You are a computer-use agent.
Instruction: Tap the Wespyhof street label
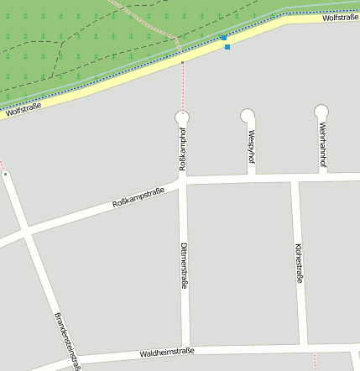point(251,146)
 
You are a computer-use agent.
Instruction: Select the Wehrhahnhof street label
point(322,144)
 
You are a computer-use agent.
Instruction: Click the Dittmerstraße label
point(184,266)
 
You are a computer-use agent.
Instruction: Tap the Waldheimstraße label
point(167,353)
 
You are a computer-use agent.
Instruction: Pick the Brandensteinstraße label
point(67,340)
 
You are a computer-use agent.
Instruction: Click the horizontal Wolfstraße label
point(340,17)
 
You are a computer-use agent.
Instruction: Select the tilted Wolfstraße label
point(23,107)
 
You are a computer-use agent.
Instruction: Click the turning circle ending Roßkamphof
point(182,117)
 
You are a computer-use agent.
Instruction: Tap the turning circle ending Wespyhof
point(248,115)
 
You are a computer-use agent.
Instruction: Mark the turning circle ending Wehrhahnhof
point(321,111)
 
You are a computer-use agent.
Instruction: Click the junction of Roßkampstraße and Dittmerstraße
point(183,181)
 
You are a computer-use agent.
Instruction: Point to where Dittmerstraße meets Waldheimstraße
point(185,349)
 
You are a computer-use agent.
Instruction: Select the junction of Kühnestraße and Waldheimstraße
point(303,345)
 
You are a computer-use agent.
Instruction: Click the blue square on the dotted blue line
point(227,47)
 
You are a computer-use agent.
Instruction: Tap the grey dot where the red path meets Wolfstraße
point(182,62)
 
